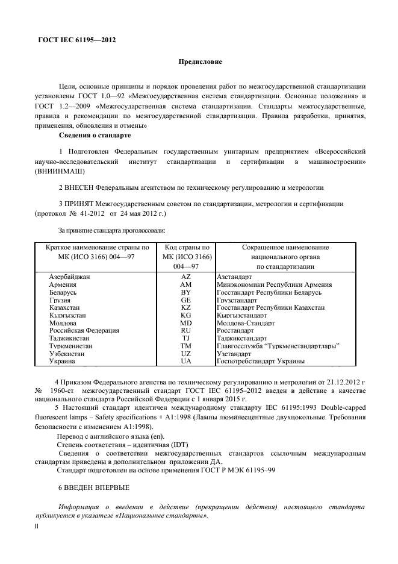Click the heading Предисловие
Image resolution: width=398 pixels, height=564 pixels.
(200, 61)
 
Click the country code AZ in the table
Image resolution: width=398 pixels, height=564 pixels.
(185, 275)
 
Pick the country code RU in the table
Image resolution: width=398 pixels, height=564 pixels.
(185, 330)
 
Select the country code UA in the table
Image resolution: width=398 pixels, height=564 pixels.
(185, 362)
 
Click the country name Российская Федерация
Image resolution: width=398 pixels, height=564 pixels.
(84, 330)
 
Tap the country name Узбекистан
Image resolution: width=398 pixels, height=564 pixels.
(67, 354)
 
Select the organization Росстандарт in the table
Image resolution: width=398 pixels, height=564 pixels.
(237, 330)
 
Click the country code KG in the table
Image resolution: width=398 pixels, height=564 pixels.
(185, 315)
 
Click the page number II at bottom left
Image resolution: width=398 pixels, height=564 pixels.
(37, 526)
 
